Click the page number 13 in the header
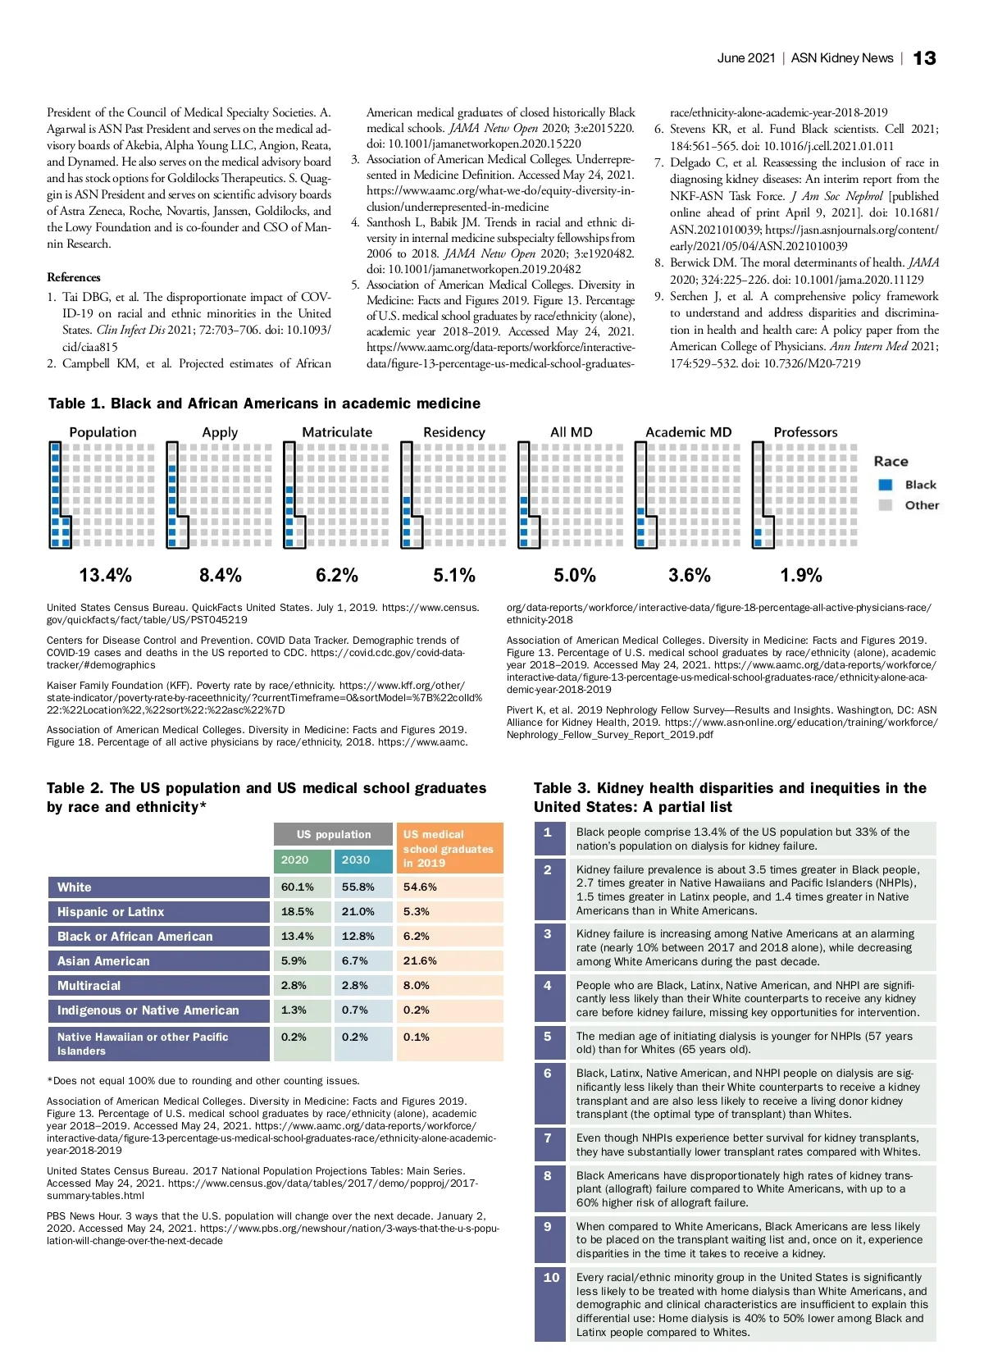click(924, 58)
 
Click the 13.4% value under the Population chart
click(105, 575)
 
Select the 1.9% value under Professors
click(800, 575)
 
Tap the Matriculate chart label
click(337, 432)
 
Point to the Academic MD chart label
click(688, 432)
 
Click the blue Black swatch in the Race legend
click(885, 485)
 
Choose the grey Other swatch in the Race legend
click(885, 505)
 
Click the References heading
click(74, 277)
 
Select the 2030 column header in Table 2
click(356, 860)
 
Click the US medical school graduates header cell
click(449, 848)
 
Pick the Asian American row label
click(103, 960)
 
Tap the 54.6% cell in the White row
click(420, 887)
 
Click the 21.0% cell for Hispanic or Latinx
click(358, 911)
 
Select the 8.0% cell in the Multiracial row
click(417, 985)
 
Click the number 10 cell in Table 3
click(551, 1277)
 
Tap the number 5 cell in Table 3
click(548, 1036)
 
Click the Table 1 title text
click(264, 404)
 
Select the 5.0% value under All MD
click(574, 575)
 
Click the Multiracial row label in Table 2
click(89, 985)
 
